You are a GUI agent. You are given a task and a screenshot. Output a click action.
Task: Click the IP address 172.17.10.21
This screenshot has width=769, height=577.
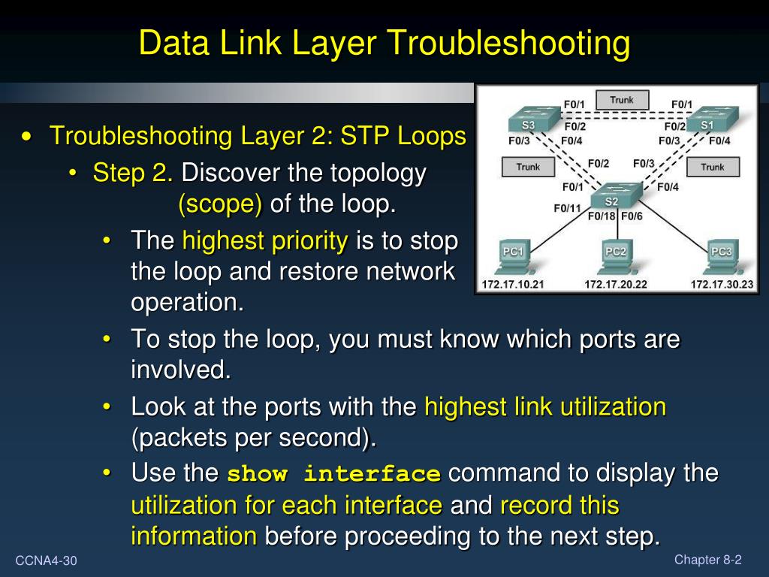[x=513, y=285]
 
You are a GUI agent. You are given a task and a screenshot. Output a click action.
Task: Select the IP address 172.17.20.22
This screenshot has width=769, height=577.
[x=616, y=285]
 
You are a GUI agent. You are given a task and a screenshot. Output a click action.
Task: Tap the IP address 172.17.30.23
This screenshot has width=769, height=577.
[x=722, y=285]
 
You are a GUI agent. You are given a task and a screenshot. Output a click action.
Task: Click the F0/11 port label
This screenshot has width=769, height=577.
[x=567, y=208]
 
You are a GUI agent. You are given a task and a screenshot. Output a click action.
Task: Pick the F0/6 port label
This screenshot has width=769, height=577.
[x=632, y=217]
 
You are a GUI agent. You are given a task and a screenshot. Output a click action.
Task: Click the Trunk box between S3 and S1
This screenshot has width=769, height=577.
[x=622, y=100]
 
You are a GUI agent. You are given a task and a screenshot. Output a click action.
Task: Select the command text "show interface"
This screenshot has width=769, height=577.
[x=333, y=475]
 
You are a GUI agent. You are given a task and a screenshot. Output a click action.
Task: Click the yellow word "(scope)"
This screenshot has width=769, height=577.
[x=221, y=204]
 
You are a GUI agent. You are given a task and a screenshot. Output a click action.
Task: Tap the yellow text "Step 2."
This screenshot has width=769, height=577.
[x=134, y=174]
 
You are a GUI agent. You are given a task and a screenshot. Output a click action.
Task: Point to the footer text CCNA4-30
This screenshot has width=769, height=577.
[x=47, y=561]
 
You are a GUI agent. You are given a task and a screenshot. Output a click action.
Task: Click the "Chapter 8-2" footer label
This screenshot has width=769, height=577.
[x=708, y=559]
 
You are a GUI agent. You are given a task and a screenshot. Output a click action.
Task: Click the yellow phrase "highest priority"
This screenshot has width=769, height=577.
[x=265, y=241]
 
